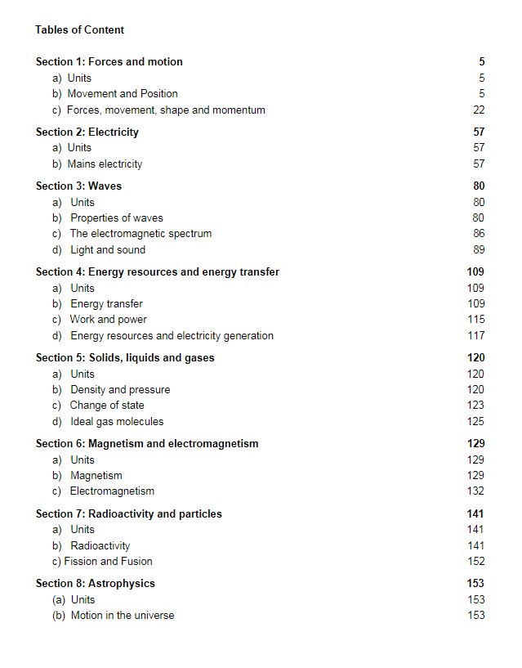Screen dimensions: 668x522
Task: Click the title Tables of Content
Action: pos(79,30)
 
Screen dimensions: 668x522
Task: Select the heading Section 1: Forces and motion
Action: pos(109,62)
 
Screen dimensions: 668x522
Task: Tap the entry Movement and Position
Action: pos(122,94)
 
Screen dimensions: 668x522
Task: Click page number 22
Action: pos(479,110)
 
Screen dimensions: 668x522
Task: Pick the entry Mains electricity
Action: pos(105,164)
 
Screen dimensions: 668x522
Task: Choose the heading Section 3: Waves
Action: pos(78,186)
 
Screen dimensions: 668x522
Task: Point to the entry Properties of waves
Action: pos(116,218)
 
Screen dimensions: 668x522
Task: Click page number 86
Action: pos(479,234)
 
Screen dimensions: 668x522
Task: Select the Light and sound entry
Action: pos(107,250)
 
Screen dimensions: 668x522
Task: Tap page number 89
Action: pos(479,250)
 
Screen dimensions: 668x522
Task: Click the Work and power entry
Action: pos(108,320)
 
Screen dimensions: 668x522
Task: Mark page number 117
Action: pos(475,336)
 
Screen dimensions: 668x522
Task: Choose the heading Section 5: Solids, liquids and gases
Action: pos(125,358)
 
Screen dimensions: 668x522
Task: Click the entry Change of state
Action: pos(106,406)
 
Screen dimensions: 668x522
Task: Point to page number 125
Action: pos(475,422)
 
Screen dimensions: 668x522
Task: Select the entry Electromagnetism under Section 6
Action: pos(111,491)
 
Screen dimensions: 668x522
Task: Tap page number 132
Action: pos(475,491)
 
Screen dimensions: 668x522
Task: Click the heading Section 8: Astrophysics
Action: pos(95,584)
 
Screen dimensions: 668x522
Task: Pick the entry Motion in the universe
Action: pos(122,616)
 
